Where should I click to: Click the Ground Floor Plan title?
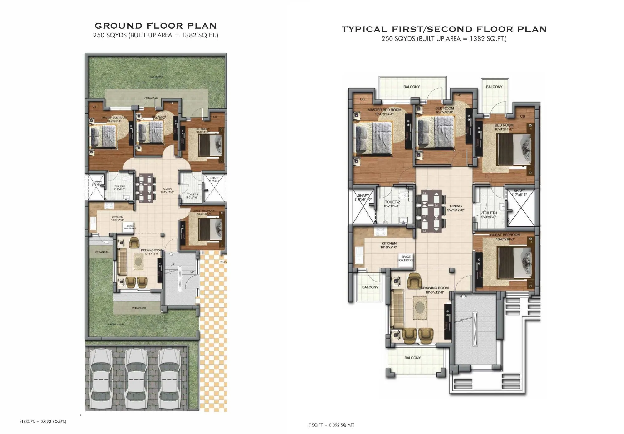pyautogui.click(x=156, y=26)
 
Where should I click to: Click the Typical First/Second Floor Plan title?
pyautogui.click(x=444, y=29)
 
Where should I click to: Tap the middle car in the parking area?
pyautogui.click(x=136, y=379)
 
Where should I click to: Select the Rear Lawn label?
pyautogui.click(x=156, y=77)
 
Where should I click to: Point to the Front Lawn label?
pyautogui.click(x=116, y=325)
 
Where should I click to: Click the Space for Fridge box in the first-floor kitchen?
pyautogui.click(x=406, y=259)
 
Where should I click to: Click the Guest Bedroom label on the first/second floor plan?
pyautogui.click(x=505, y=237)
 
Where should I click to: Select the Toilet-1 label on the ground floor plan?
pyautogui.click(x=192, y=196)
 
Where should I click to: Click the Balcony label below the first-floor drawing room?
pyautogui.click(x=412, y=358)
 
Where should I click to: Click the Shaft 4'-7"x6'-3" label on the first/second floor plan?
pyautogui.click(x=519, y=193)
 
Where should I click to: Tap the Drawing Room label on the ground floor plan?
pyautogui.click(x=151, y=252)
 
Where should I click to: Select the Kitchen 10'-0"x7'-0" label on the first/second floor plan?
pyautogui.click(x=389, y=245)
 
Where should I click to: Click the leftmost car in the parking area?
pyautogui.click(x=101, y=379)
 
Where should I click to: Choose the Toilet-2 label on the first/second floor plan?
pyautogui.click(x=392, y=204)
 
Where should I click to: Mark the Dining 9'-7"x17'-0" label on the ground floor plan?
pyautogui.click(x=167, y=191)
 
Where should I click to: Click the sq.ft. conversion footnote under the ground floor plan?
pyautogui.click(x=43, y=422)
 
